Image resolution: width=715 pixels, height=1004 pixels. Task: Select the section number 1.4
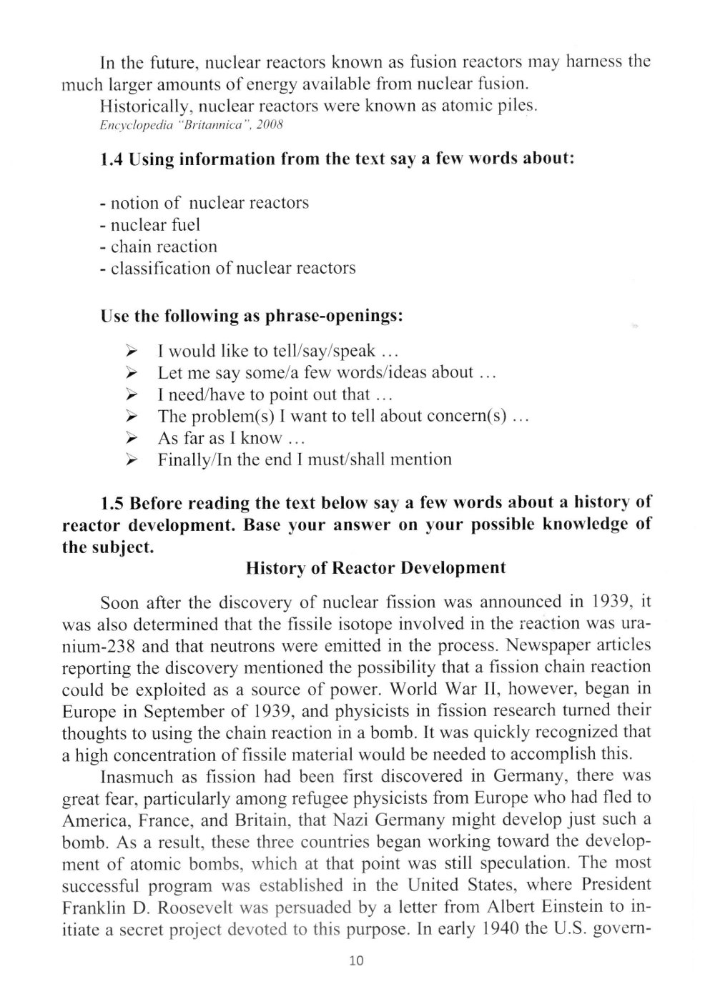click(113, 159)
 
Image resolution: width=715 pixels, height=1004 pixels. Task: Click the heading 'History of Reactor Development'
click(375, 568)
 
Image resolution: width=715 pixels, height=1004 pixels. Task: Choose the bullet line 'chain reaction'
click(159, 247)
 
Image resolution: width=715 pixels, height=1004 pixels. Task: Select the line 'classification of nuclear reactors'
click(228, 269)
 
